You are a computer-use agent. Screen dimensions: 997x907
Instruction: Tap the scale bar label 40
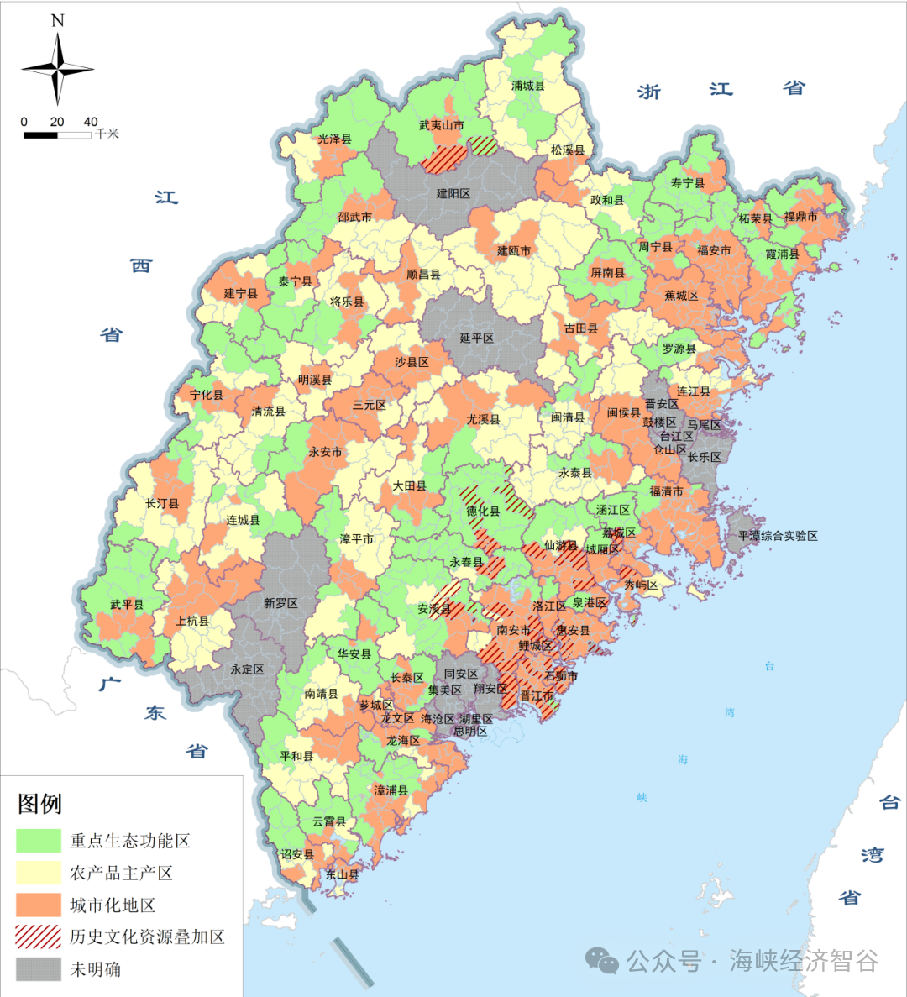90,122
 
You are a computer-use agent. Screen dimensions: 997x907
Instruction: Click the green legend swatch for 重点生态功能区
39,841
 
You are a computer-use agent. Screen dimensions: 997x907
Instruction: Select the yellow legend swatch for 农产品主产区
39,873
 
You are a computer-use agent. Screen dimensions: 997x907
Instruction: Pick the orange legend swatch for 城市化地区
39,905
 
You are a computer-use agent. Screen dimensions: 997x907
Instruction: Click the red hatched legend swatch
39,937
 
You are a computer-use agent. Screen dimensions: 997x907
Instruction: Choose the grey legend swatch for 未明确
39,968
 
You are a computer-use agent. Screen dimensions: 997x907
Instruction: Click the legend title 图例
39,804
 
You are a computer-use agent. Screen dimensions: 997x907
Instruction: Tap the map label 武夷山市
441,126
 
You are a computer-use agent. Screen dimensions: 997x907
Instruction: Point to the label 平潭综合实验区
778,536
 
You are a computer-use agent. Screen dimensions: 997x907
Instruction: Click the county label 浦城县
528,86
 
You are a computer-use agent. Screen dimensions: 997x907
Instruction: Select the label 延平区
476,338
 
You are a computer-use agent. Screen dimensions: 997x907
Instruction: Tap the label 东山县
342,874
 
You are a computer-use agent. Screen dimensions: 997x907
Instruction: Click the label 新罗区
280,603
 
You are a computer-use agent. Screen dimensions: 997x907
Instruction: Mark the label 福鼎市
800,217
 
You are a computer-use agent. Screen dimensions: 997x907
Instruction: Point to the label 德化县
483,511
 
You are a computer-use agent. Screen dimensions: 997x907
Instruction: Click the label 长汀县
162,504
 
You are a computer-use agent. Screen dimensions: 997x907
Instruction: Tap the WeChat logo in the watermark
602,960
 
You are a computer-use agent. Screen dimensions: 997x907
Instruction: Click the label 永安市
325,452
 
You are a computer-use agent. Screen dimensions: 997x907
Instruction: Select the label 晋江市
536,695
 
